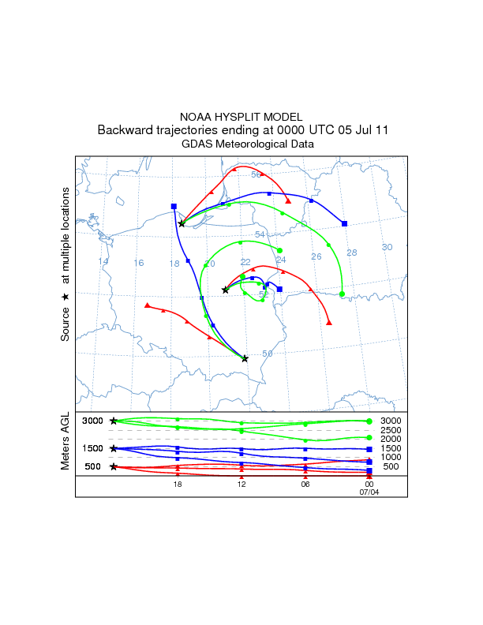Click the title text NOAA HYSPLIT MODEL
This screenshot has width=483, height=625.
click(x=241, y=116)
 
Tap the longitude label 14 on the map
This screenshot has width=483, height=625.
click(x=103, y=261)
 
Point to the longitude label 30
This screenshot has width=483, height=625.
click(x=387, y=247)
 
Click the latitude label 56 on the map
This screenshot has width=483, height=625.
click(x=256, y=174)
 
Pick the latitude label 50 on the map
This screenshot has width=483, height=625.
click(x=268, y=353)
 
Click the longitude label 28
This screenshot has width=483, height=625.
click(x=352, y=253)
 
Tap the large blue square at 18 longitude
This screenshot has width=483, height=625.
click(x=174, y=206)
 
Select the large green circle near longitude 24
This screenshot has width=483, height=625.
click(x=280, y=250)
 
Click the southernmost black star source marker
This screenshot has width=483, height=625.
click(x=245, y=358)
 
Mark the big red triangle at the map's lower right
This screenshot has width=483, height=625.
click(x=329, y=322)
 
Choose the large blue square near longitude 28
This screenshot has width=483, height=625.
click(x=345, y=224)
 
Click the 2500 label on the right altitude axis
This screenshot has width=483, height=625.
click(x=391, y=430)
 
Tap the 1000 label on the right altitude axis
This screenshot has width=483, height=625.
click(x=391, y=457)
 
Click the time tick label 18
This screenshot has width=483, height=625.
click(x=178, y=485)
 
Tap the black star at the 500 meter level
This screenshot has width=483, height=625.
click(x=114, y=466)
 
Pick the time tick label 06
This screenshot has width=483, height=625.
click(x=305, y=485)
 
